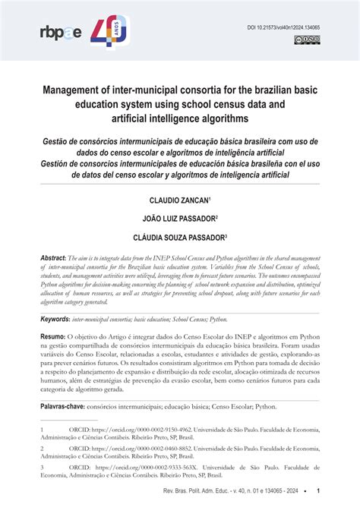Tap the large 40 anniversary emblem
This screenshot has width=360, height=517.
[110, 31]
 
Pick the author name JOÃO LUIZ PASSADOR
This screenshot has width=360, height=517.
[179, 219]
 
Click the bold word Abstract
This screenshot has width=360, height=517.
[53, 258]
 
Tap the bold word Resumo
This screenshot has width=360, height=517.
[52, 335]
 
